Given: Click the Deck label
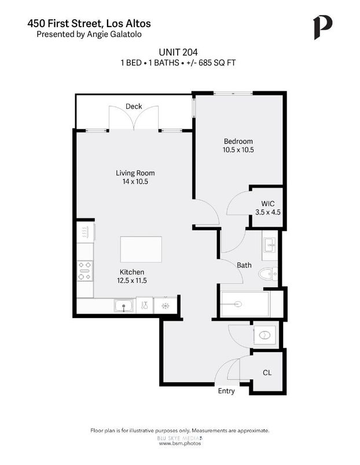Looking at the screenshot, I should pos(134,106).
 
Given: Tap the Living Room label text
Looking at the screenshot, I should pos(135,173).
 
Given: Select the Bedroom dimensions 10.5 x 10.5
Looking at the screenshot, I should pos(239,150).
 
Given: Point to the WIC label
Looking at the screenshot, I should pos(267,204).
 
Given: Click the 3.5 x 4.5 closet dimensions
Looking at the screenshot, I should pos(267,212).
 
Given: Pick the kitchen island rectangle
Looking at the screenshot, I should pos(141,249).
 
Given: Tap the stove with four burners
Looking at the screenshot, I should pos(85,270).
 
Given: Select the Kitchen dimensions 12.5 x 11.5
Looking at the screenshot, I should pos(132,281).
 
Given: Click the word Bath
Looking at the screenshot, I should pos(244,265).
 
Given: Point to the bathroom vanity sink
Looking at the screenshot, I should pos(270,246).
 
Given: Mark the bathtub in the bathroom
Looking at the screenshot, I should pos(245,304).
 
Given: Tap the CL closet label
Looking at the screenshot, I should pos(267,373).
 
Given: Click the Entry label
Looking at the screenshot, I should pos(226,391).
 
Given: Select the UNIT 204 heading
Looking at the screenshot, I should pos(179,51).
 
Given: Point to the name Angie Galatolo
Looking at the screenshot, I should pos(114,34).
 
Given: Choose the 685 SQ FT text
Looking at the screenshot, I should pos(219,62).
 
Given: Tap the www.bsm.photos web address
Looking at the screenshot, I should pos(179,443).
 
